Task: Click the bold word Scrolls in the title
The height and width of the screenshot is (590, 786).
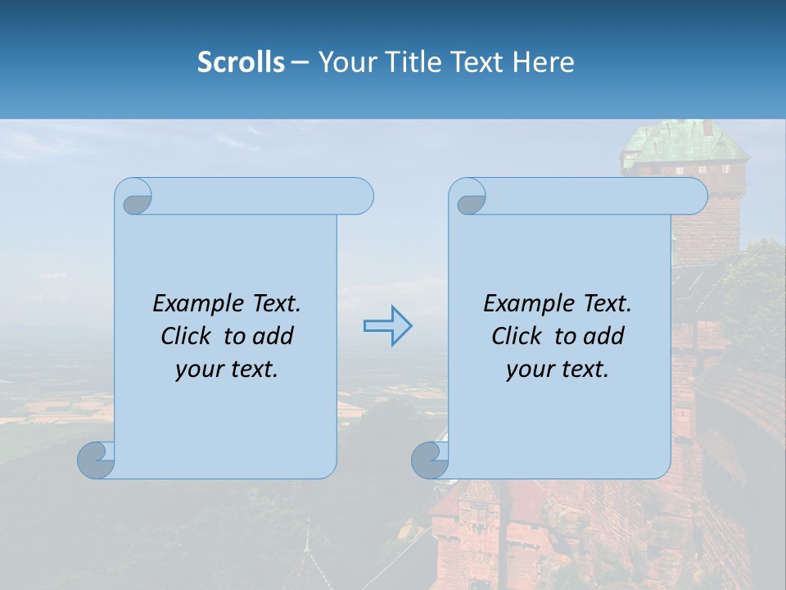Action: pos(241,62)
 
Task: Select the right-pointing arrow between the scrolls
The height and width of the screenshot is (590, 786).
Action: pos(387,326)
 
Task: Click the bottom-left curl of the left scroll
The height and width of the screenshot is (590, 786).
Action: pos(96,461)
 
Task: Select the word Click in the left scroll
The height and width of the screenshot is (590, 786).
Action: pos(189,336)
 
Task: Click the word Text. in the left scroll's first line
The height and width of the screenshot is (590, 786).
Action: pos(275,304)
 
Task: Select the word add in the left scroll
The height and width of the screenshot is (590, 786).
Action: pos(272,336)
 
